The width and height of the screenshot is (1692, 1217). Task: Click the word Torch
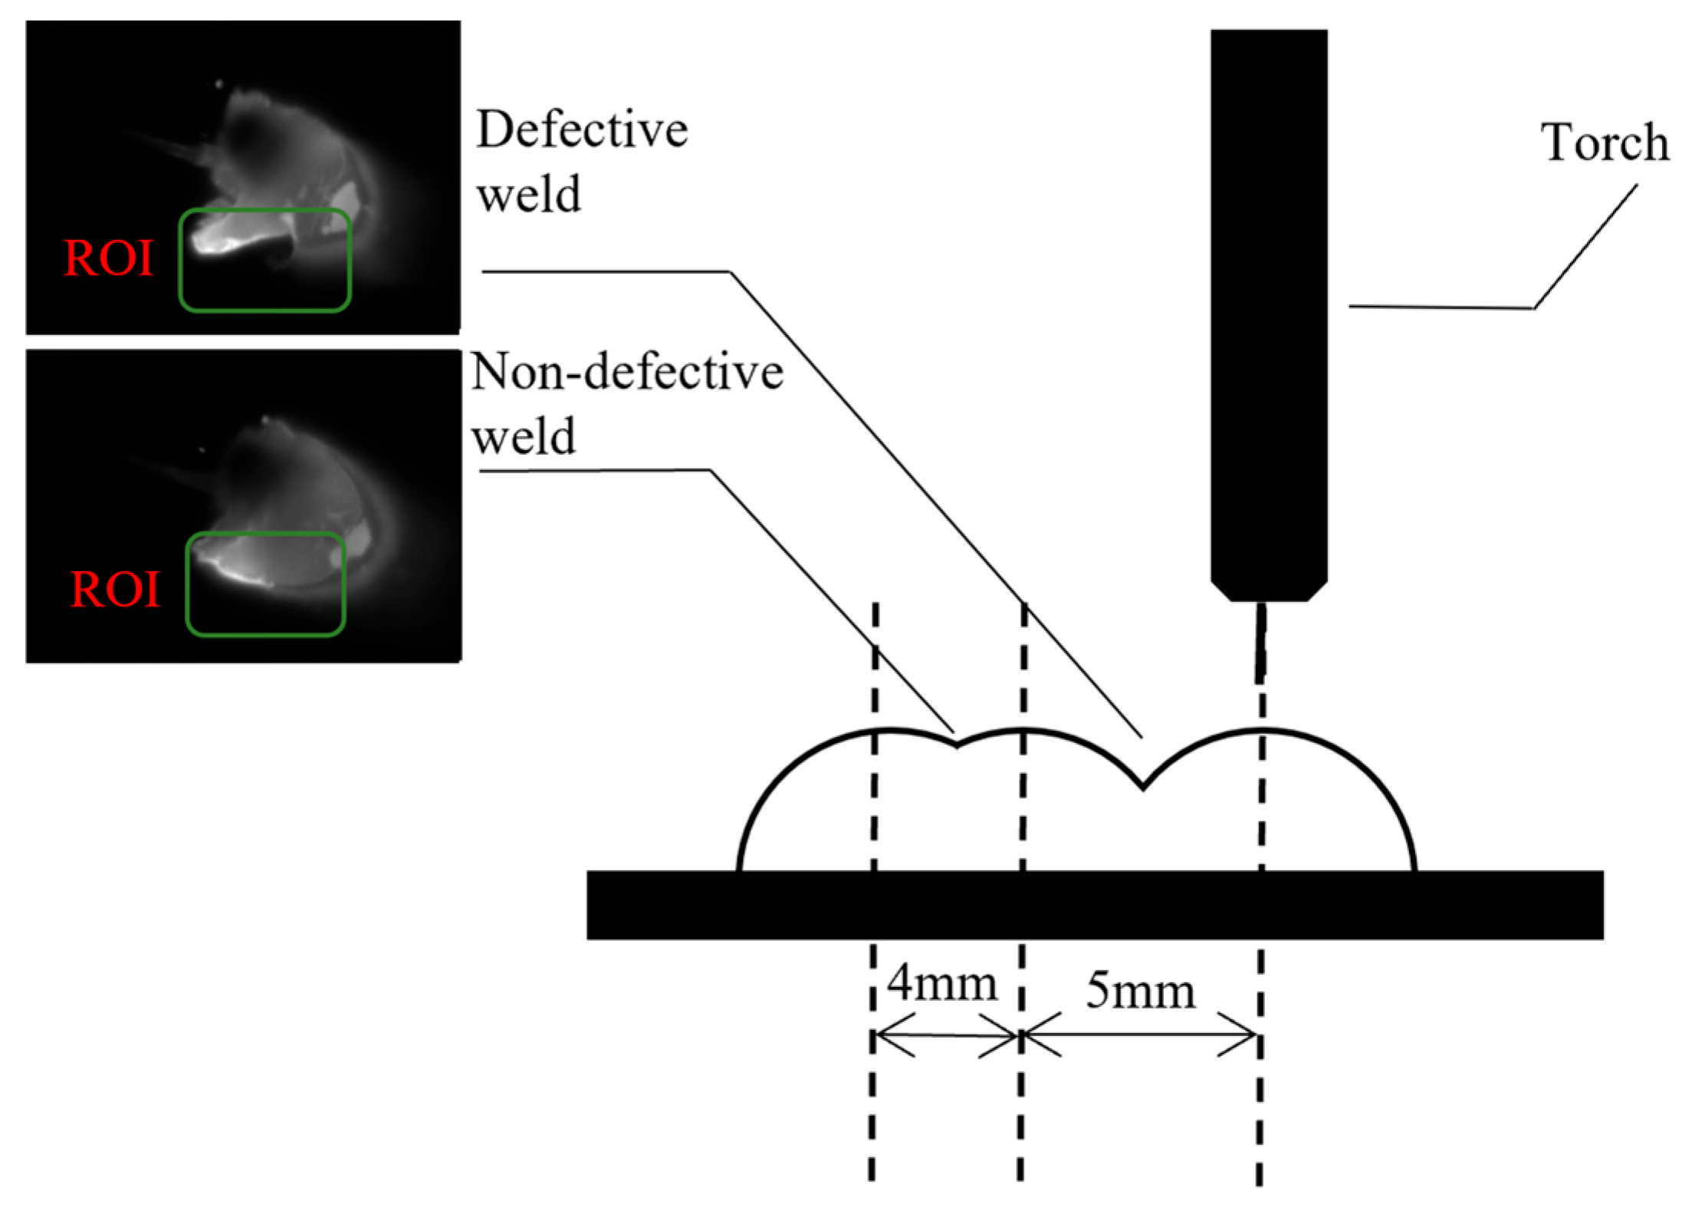[x=1605, y=143]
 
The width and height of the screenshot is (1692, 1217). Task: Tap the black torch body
[x=1269, y=307]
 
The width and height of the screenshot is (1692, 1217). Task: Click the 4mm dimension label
[x=942, y=984]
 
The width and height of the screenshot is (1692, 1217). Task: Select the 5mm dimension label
[x=1140, y=991]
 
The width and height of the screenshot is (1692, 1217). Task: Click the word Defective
[x=582, y=130]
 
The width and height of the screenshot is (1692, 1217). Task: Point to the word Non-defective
[x=627, y=373]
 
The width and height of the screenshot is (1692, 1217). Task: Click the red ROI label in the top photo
[x=109, y=258]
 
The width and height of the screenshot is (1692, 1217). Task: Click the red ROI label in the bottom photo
[x=115, y=590]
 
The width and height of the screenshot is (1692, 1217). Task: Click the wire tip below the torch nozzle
[x=1260, y=644]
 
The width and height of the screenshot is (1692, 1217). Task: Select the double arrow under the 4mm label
[x=947, y=1035]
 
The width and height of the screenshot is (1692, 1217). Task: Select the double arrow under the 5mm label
[x=1140, y=1035]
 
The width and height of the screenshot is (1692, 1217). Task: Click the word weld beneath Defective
[x=529, y=196]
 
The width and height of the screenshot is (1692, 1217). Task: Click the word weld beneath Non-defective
[x=524, y=438]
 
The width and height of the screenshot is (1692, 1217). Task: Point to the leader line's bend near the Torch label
[x=1533, y=308]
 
